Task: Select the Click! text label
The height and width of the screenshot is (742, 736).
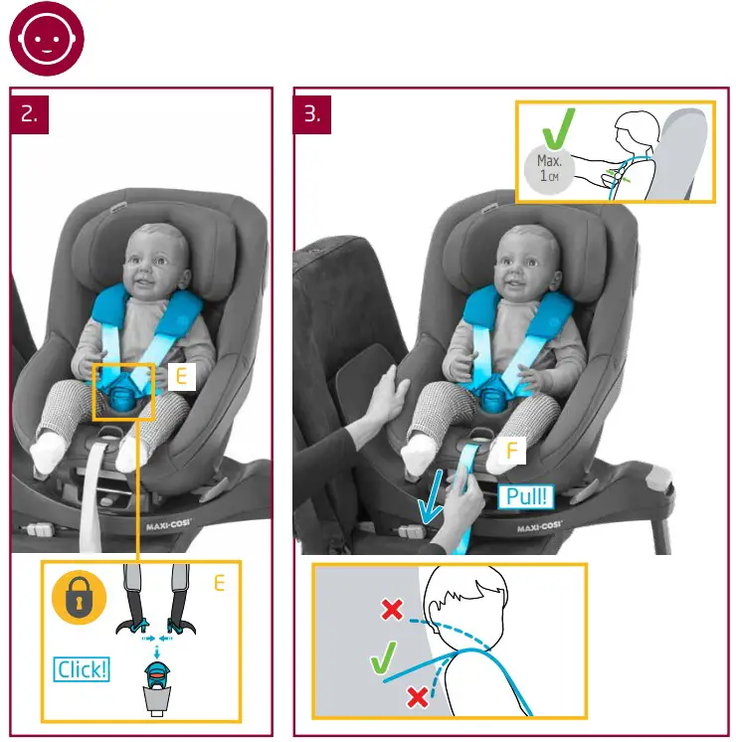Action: pos(82,669)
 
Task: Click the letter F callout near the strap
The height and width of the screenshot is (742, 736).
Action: pos(512,452)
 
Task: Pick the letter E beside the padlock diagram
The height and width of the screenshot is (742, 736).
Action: pos(219,584)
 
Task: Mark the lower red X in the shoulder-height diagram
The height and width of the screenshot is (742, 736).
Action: pos(418,697)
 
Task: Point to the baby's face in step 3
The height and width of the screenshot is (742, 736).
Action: pos(523,262)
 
